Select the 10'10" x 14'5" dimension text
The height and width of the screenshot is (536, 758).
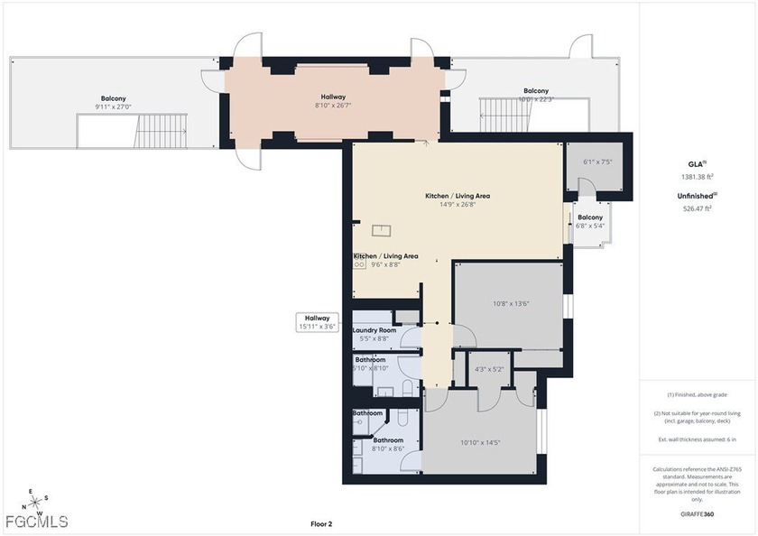480,442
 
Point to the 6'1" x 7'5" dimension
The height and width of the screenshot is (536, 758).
597,162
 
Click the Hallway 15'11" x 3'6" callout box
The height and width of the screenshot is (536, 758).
317,322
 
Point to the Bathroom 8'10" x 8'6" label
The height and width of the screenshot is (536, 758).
388,444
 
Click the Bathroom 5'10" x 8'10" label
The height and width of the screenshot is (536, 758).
370,364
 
